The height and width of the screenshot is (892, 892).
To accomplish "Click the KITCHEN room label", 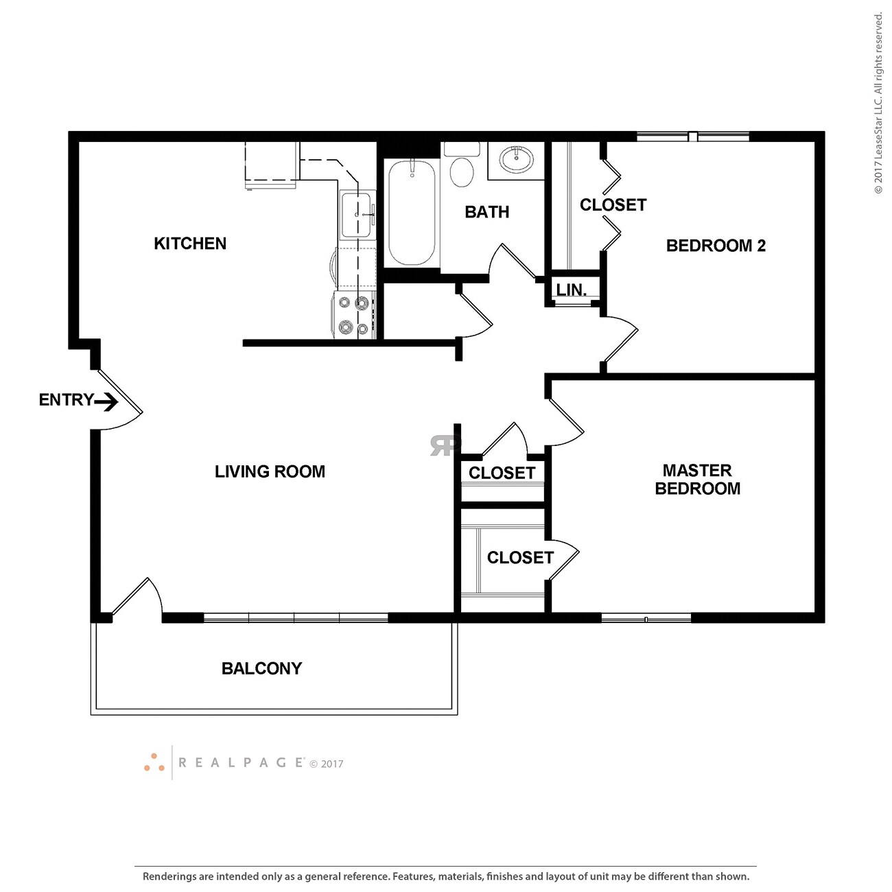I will (190, 244).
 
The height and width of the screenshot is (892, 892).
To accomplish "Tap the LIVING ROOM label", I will (270, 471).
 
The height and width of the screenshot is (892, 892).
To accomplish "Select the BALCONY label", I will (261, 668).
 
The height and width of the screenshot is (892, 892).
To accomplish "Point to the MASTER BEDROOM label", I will (697, 479).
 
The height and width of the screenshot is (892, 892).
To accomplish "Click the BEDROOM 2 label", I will (716, 246).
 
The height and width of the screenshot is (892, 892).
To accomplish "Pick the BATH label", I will (487, 212).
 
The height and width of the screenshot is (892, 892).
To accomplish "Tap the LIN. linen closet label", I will (572, 290).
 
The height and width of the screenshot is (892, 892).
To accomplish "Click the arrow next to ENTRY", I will (106, 401).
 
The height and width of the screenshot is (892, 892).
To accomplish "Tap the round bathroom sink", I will (516, 160).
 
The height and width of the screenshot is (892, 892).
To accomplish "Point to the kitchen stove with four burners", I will (354, 315).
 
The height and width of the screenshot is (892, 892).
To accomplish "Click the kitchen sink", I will (357, 215).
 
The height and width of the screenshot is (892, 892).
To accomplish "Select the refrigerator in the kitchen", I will (271, 165).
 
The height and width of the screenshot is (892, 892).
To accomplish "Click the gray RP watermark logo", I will (445, 445).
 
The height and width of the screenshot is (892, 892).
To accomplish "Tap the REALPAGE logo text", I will (241, 763).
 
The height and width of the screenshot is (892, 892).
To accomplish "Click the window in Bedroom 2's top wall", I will (693, 137).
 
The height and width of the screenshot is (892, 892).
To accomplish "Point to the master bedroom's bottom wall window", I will (646, 619).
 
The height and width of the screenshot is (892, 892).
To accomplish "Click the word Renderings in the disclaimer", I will (169, 876).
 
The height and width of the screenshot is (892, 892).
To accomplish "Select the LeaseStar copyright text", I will (878, 103).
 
